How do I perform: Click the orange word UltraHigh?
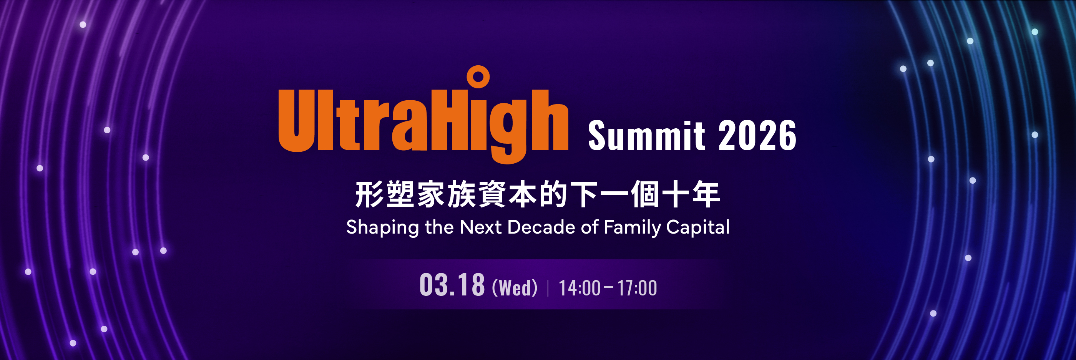point(423,115)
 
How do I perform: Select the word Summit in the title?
point(647,135)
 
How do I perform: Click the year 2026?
point(757,135)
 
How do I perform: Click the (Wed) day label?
point(515,288)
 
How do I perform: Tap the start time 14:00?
point(580,288)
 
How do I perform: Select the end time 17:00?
point(637,288)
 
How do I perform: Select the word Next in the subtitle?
point(480,227)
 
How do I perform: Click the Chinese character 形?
point(370,194)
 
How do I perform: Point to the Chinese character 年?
point(706,194)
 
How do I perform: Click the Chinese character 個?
point(644,194)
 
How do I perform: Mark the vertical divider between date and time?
point(548,288)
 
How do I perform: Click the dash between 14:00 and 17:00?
point(609,287)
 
